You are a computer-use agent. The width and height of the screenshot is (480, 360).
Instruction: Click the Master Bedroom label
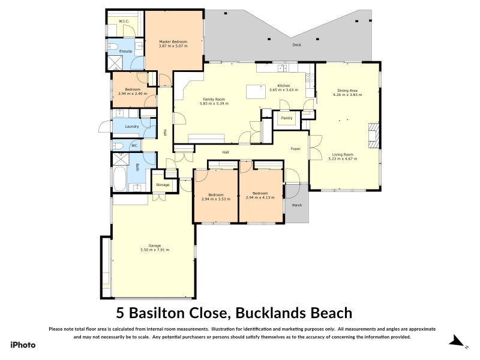[x=173, y=41]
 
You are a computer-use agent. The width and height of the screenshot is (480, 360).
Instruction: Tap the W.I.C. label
[x=124, y=22]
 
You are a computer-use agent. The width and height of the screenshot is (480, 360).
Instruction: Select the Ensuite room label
[x=125, y=52]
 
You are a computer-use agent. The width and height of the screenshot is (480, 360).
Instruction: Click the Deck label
[x=296, y=45]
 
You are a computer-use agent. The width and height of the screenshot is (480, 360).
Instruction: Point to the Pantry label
[x=287, y=118]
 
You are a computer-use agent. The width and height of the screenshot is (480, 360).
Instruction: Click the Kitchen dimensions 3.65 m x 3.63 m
[x=283, y=90]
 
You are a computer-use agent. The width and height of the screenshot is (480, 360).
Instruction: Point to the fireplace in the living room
[x=374, y=135]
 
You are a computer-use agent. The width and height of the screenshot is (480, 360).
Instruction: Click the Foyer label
[x=295, y=148]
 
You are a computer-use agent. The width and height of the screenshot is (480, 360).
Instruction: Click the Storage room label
[x=163, y=185]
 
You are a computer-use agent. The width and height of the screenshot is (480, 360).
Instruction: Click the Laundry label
[x=132, y=127]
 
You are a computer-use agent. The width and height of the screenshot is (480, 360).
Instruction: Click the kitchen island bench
[x=256, y=92]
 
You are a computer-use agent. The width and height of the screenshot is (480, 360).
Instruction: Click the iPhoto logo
[x=23, y=344]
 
